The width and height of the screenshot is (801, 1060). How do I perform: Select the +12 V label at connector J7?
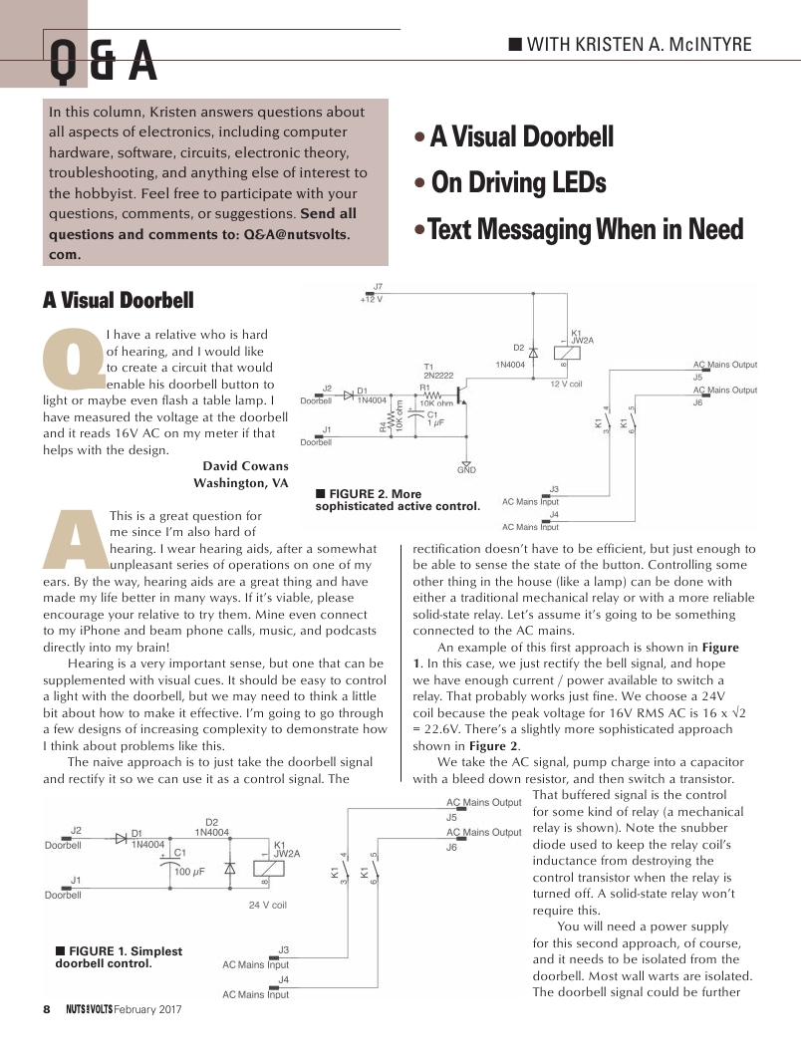point(372,299)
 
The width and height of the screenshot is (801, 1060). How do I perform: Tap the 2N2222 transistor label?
point(436,376)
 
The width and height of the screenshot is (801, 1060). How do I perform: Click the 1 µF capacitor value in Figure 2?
point(434,423)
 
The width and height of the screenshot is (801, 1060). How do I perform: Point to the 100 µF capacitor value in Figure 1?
point(189,872)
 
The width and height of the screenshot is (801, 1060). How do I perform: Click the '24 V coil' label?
point(267,906)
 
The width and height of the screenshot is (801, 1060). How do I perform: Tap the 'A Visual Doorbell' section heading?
point(118,300)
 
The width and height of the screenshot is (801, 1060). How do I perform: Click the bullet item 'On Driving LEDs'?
point(518,183)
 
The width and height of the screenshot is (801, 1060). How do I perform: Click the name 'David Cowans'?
point(245,465)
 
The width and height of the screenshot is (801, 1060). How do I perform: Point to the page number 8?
point(46,1008)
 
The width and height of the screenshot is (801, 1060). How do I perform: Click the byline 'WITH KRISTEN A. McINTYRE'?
point(638,44)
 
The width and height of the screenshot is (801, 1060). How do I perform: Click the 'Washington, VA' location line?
point(240,483)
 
